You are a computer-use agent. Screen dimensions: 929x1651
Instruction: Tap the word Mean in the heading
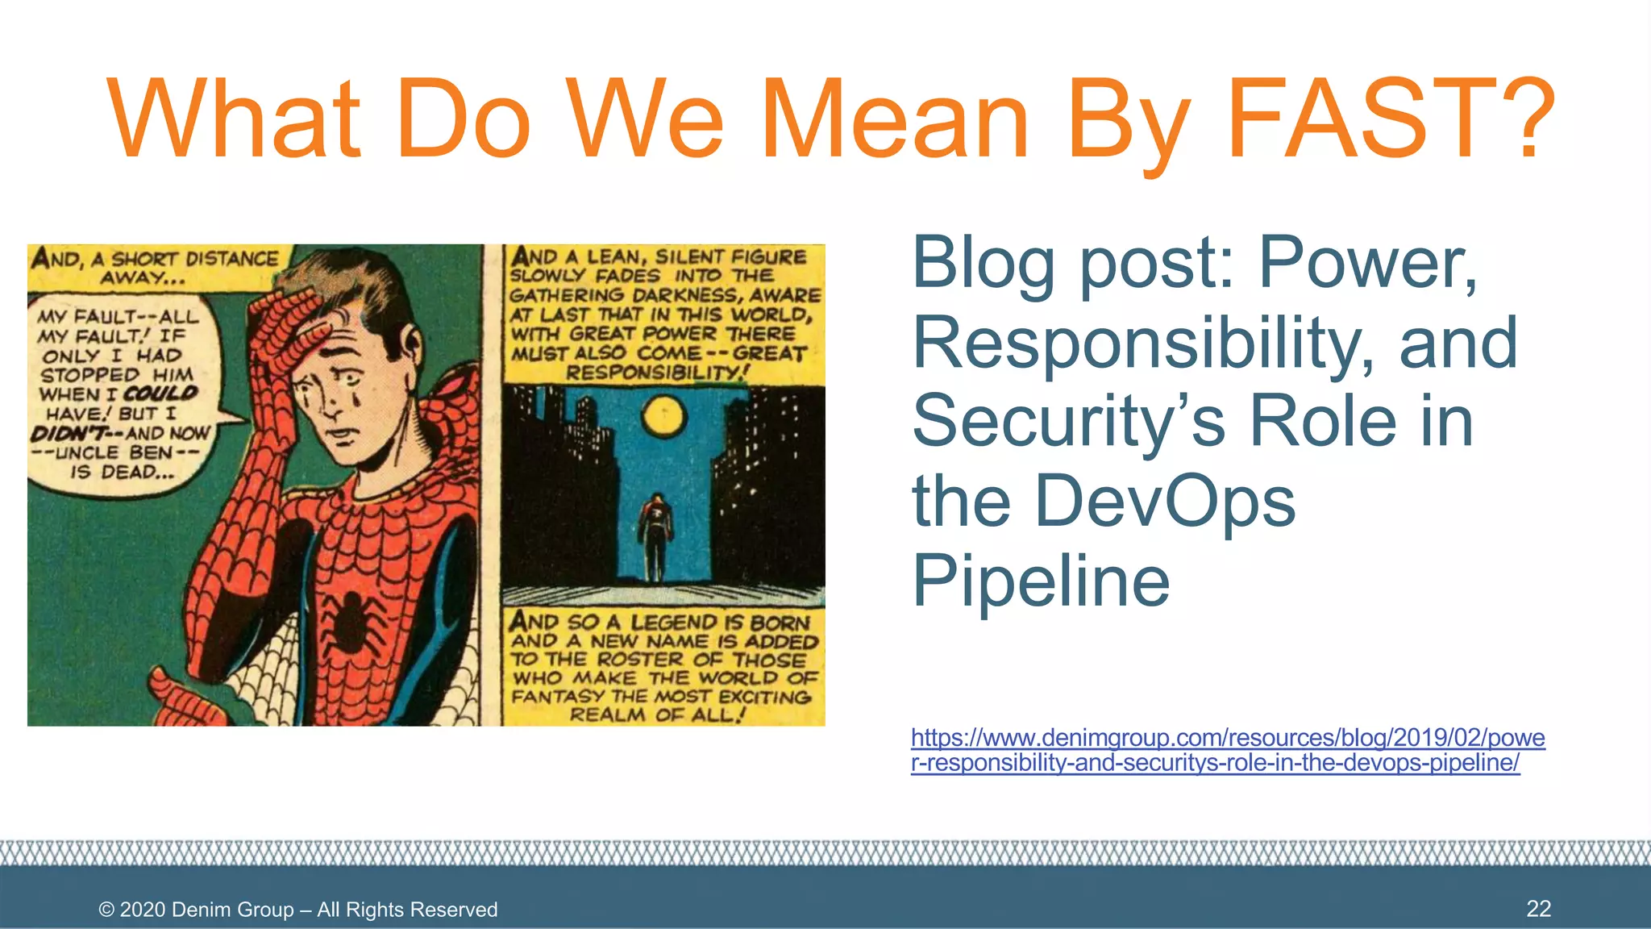[x=895, y=119]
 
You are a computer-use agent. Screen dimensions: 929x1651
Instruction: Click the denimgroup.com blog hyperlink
[x=1227, y=750]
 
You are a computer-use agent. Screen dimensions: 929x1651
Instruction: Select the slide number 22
[x=1538, y=909]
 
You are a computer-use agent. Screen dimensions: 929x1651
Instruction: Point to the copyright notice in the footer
[x=298, y=910]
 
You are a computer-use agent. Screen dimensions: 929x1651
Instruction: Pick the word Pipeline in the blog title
[x=1040, y=581]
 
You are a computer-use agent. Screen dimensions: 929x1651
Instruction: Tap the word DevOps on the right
[x=1164, y=502]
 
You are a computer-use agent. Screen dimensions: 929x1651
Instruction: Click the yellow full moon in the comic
[x=663, y=416]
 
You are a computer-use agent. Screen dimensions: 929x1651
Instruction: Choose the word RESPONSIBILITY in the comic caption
[x=657, y=373]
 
